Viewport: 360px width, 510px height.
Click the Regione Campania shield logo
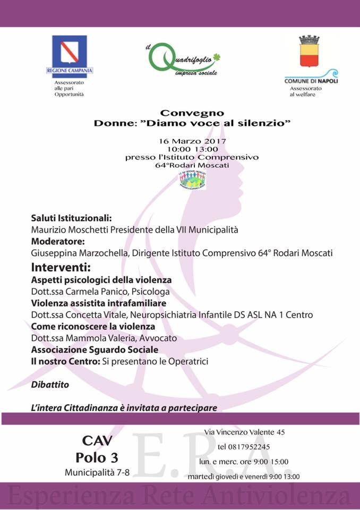pos(69,52)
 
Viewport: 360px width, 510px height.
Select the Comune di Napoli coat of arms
pos(309,52)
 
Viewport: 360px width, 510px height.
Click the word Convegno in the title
pos(192,113)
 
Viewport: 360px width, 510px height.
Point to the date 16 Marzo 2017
pos(193,142)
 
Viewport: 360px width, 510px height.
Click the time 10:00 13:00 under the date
pos(192,150)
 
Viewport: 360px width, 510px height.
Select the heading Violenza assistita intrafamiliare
pos(98,303)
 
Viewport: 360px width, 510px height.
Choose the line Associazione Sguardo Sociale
pos(95,350)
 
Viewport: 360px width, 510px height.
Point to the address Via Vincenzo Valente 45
pos(245,432)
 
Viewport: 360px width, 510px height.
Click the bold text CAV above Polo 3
pos(97,441)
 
